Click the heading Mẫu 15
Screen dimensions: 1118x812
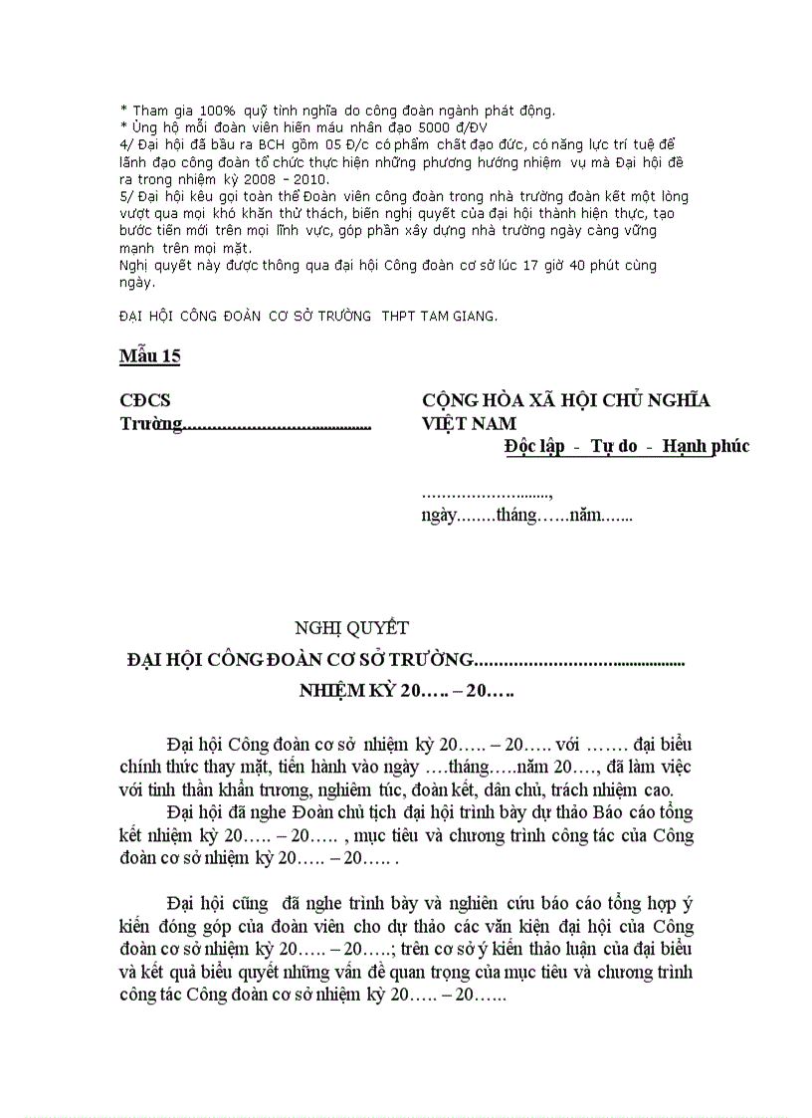coord(150,356)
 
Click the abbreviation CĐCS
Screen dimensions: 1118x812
coord(145,400)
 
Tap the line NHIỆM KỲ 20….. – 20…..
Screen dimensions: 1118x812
coord(406,690)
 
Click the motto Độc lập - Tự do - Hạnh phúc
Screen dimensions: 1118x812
coord(627,447)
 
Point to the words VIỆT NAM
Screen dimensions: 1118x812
coord(465,424)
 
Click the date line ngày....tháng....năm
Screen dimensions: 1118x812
coord(526,516)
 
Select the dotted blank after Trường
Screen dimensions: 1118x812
coord(278,425)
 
